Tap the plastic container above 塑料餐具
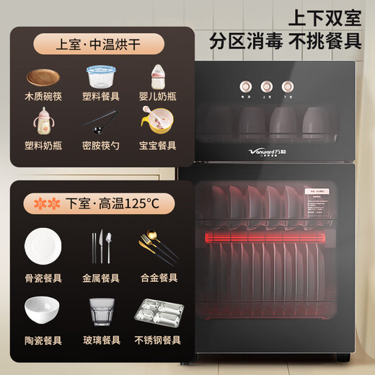pos(101,76)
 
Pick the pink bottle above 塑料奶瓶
pos(43,120)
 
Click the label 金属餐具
pos(101,277)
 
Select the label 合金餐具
pos(159,277)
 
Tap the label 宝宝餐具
pos(159,145)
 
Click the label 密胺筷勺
pos(101,145)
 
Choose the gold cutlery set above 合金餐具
pos(159,247)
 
